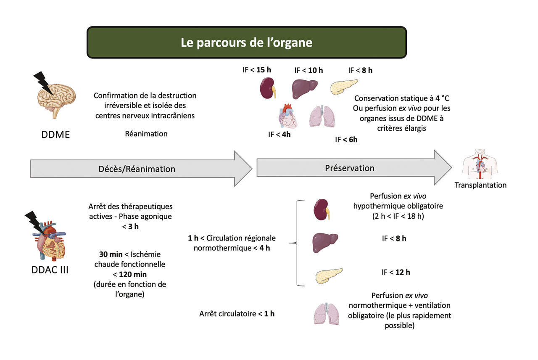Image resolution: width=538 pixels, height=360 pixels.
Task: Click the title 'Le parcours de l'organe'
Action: [246, 42]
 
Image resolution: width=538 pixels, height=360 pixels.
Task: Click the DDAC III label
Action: [50, 270]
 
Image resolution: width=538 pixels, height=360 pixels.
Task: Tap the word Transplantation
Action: [480, 185]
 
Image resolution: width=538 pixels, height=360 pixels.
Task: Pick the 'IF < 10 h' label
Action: [309, 70]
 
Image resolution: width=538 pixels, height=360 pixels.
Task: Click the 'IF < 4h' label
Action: [280, 135]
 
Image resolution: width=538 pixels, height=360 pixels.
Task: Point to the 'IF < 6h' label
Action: [346, 140]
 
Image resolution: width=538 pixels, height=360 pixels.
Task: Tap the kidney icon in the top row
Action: [266, 88]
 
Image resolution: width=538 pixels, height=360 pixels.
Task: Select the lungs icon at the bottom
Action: [326, 313]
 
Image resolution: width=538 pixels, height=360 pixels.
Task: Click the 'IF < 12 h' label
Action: [396, 272]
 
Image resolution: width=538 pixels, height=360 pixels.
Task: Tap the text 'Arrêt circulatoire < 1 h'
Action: [237, 313]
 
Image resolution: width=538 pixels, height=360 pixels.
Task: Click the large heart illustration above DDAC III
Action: [50, 240]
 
